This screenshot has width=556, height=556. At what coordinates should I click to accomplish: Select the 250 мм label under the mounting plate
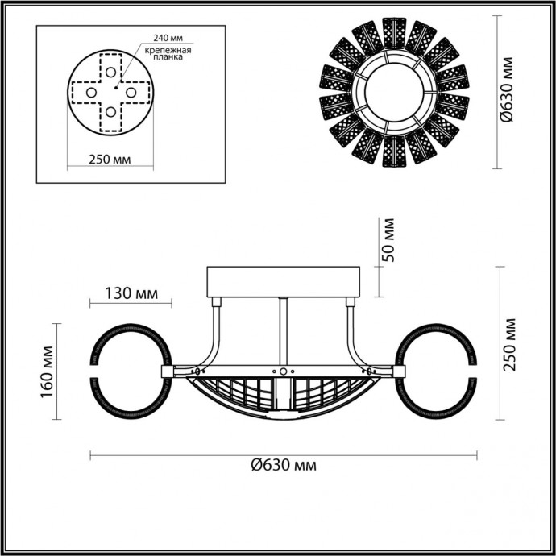110,159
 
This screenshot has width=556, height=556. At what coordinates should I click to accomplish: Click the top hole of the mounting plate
110,73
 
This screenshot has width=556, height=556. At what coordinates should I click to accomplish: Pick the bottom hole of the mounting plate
110,111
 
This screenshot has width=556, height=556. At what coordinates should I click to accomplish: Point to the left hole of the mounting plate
90,92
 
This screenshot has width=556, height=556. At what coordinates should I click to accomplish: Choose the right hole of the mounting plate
129,92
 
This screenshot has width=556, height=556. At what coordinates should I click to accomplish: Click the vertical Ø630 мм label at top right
507,92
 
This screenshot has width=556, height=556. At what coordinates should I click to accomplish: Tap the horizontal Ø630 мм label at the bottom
283,465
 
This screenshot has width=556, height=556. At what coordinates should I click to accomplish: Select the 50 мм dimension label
388,240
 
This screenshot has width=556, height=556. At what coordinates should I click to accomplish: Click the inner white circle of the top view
394,93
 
